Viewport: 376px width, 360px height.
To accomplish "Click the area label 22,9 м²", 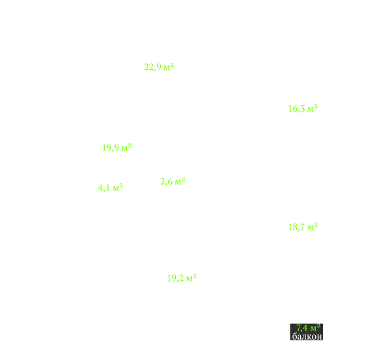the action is [159, 67].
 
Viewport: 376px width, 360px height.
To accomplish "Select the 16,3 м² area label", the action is [303, 109].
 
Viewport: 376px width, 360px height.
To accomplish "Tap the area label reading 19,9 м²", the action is [117, 148].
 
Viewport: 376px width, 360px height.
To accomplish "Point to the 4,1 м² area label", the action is [111, 188].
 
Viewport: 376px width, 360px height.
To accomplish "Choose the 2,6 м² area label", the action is [173, 181].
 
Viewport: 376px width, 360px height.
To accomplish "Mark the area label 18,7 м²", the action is [303, 226].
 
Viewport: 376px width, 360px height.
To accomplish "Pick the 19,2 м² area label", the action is [182, 278].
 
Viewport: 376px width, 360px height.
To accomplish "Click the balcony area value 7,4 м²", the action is [309, 327].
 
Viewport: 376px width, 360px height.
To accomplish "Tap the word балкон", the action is [307, 336].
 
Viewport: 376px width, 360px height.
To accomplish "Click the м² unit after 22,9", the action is [169, 67].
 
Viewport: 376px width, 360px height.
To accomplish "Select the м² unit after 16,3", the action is [313, 108].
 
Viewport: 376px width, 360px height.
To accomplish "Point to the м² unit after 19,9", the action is [127, 147].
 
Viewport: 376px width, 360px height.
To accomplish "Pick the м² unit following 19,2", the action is [192, 278].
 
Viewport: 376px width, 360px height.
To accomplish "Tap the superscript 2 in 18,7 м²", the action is [316, 225].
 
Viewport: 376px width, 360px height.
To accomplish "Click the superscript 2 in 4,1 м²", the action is [121, 185].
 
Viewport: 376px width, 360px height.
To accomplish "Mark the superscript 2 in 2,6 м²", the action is [183, 179].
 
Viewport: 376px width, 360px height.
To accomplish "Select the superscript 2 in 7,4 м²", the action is [318, 325].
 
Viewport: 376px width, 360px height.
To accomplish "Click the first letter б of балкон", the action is [295, 336].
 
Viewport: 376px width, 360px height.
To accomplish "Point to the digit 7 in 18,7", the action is [302, 226].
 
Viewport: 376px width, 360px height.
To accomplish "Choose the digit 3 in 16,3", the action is [302, 109].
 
